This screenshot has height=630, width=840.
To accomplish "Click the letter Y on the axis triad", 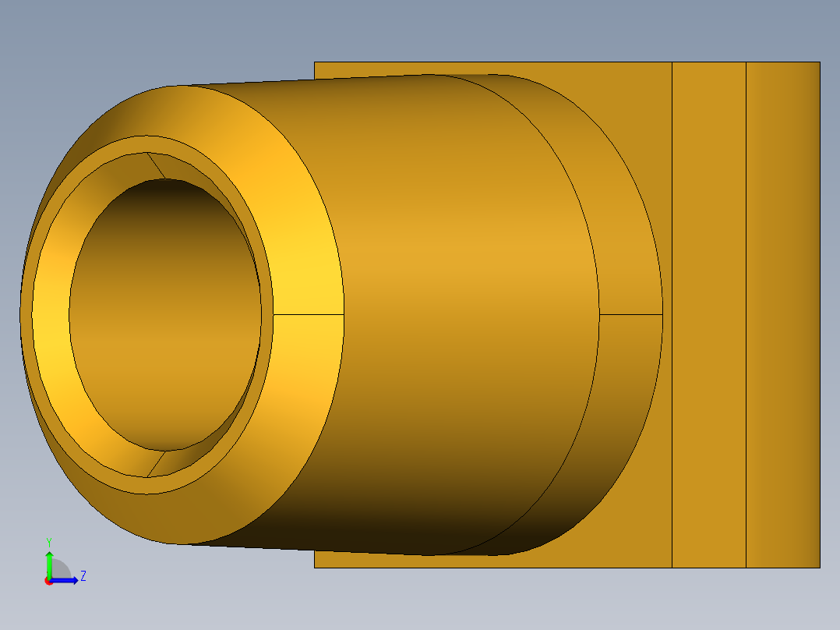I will coord(48,541).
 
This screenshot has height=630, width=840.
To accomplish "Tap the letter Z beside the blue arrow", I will coord(83,576).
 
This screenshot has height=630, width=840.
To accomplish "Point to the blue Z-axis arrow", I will coord(66,579).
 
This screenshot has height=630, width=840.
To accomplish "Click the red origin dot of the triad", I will coord(48,581).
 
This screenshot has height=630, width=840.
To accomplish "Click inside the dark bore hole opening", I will coord(165,312).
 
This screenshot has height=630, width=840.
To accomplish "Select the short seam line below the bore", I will coord(156,464).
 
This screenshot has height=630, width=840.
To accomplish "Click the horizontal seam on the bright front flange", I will coord(308,315).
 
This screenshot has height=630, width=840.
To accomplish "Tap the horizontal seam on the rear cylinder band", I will coord(630,315).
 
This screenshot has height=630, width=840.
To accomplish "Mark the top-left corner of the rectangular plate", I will coord(315,62).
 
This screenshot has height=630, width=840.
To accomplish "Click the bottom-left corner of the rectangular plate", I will coord(315,567).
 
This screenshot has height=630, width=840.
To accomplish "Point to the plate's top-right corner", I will coord(819,62).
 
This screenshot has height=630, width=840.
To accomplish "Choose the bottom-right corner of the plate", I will coord(819,567).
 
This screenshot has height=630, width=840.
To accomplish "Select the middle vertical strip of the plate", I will coord(708,312).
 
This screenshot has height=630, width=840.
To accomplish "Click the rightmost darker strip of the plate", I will coord(782,312).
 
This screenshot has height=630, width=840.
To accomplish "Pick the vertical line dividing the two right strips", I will coord(746,312).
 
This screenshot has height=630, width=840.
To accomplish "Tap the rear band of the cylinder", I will coord(623,234).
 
